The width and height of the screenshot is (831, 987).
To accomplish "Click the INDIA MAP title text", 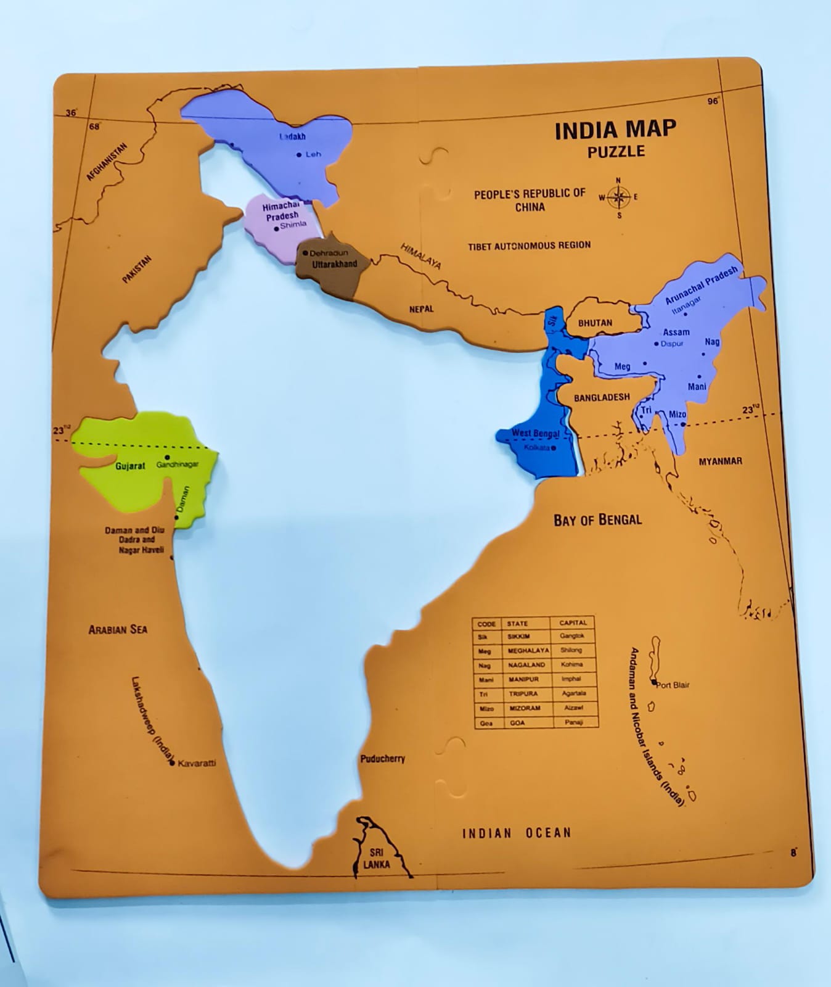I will pyautogui.click(x=615, y=130).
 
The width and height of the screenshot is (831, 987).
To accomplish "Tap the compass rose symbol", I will pyautogui.click(x=618, y=198).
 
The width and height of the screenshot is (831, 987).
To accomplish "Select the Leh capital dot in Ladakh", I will pyautogui.click(x=299, y=155).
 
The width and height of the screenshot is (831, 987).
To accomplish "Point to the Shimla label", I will pyautogui.click(x=293, y=225).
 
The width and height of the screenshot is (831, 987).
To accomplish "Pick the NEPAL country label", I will pyautogui.click(x=422, y=309).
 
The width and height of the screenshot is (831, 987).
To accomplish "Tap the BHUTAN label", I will pyautogui.click(x=595, y=323).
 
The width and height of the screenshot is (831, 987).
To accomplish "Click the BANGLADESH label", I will pyautogui.click(x=602, y=398).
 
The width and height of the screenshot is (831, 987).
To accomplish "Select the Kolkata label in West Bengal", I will pyautogui.click(x=536, y=447).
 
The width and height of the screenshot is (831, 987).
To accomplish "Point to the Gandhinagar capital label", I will pyautogui.click(x=179, y=465).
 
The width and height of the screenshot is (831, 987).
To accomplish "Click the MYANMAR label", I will pyautogui.click(x=720, y=461).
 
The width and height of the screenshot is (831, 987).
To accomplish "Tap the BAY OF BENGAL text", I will pyautogui.click(x=597, y=519).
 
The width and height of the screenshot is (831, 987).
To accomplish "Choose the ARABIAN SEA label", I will pyautogui.click(x=118, y=630).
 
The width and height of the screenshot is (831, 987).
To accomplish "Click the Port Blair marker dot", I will pyautogui.click(x=654, y=682).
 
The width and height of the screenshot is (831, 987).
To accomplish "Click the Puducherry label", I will pyautogui.click(x=383, y=759).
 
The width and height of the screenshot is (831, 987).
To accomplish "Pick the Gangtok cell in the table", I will pyautogui.click(x=572, y=636).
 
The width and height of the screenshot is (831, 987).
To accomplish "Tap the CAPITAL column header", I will pyautogui.click(x=573, y=622).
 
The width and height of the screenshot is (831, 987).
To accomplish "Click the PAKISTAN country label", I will pyautogui.click(x=136, y=270).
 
